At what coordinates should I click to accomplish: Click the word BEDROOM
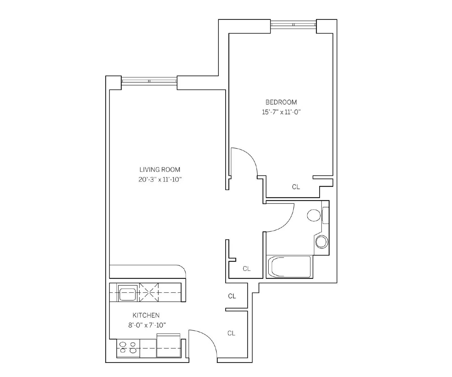click(281, 102)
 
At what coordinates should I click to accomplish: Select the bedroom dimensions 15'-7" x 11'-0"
click(281, 112)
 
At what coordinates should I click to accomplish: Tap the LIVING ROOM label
click(160, 170)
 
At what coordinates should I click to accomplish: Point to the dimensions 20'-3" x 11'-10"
click(160, 180)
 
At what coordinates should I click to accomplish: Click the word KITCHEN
click(146, 315)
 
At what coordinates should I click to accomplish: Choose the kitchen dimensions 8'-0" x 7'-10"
click(147, 325)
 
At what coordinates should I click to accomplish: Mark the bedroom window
click(293, 25)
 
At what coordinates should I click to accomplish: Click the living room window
click(149, 81)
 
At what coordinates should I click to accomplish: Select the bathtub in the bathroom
click(288, 267)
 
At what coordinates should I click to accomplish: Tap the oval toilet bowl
click(314, 215)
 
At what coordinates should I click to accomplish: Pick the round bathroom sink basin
click(321, 242)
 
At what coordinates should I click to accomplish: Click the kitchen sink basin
click(128, 293)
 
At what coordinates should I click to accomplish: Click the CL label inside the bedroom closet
click(296, 187)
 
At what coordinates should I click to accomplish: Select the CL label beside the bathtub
click(247, 269)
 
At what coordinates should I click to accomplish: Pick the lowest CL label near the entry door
click(231, 333)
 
